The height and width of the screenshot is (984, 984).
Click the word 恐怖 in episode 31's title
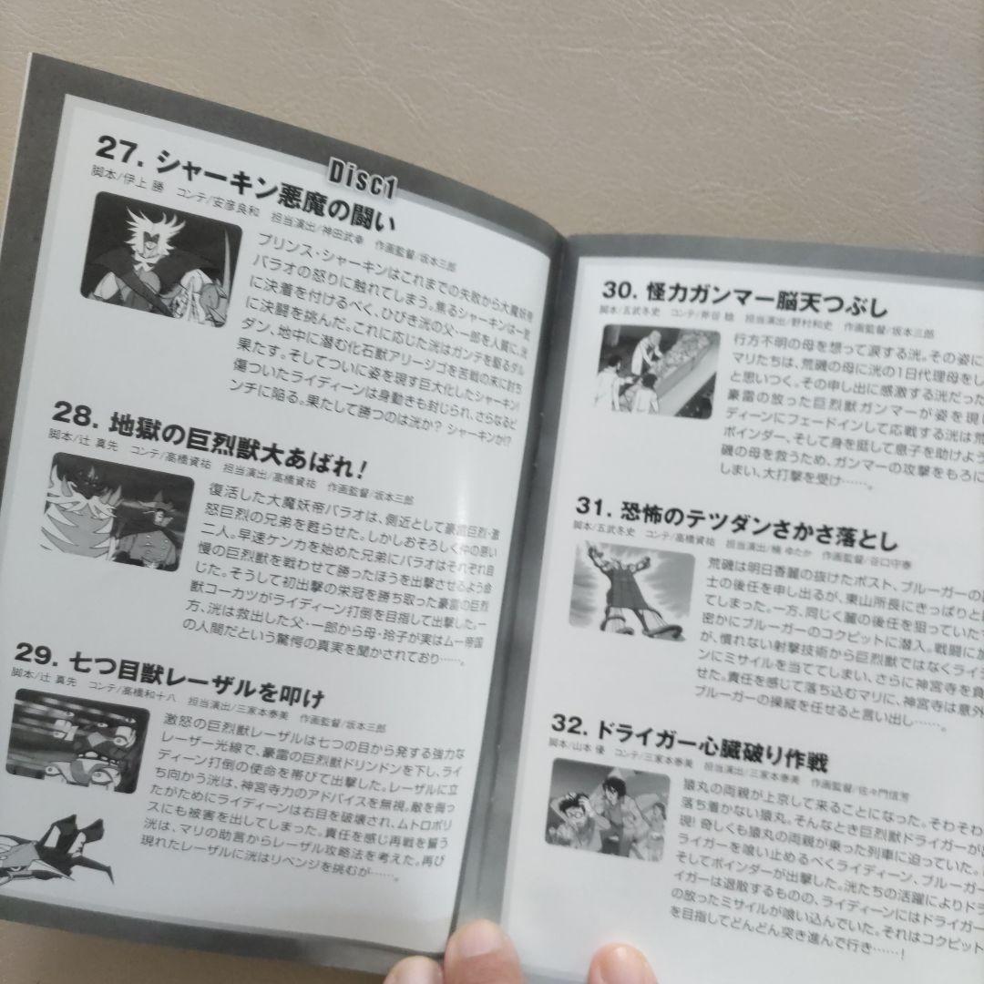point(648,512)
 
